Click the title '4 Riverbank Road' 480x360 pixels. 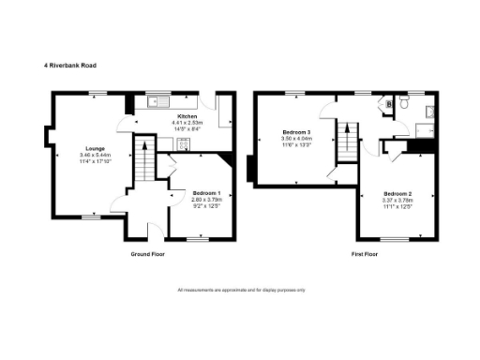click(70, 66)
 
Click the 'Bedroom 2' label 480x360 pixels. click(386, 193)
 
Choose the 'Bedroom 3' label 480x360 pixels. click(295, 134)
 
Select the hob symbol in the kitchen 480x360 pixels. click(183, 143)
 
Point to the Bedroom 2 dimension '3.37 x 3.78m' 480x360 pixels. click(386, 200)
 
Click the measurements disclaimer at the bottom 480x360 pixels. click(241, 290)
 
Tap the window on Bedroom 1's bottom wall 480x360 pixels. click(197, 239)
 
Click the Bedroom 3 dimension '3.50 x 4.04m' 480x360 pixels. click(295, 140)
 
